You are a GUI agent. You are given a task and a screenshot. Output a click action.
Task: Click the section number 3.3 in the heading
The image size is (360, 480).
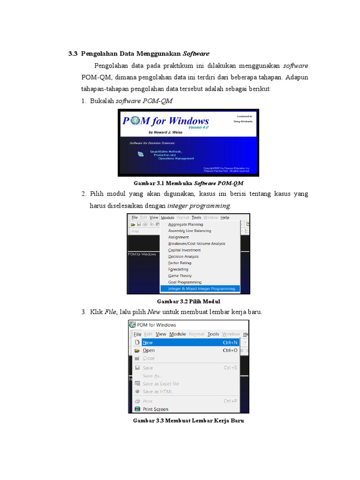pos(73,54)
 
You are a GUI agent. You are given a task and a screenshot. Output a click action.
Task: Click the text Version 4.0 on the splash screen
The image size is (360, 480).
pos(199,127)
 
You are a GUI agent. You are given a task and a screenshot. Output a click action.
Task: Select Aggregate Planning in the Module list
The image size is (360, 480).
pos(186,225)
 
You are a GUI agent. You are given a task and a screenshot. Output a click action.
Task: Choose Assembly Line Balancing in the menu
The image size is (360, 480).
pos(189,231)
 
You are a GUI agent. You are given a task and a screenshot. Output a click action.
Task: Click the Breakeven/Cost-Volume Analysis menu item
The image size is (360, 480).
pos(196,244)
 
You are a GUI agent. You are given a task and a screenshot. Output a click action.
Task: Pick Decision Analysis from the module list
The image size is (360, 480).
pos(183,256)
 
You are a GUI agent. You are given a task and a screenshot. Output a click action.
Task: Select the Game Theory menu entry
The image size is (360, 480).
pos(180,276)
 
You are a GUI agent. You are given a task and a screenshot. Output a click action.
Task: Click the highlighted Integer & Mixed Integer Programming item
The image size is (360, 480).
pos(202,289)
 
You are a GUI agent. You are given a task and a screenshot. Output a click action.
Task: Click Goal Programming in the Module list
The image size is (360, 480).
pos(185,282)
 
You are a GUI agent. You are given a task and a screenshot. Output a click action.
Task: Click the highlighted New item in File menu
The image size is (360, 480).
pos(148,343)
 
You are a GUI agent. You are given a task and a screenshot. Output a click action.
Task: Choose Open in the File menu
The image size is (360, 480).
pos(149,350)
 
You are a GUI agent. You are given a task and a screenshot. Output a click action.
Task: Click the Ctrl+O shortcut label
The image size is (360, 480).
pos(230,350)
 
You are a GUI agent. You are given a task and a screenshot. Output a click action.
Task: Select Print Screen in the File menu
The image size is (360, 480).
pos(155,409)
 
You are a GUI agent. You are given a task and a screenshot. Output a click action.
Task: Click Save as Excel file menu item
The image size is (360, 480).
pos(161,383)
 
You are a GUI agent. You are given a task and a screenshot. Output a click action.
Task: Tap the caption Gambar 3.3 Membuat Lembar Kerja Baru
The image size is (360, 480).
pos(188,421)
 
